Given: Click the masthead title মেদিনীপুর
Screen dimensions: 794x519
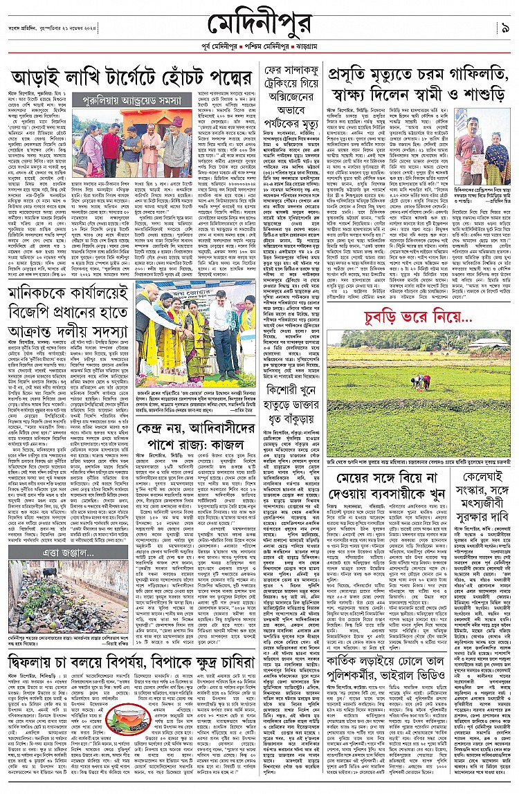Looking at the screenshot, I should click(x=259, y=26).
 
